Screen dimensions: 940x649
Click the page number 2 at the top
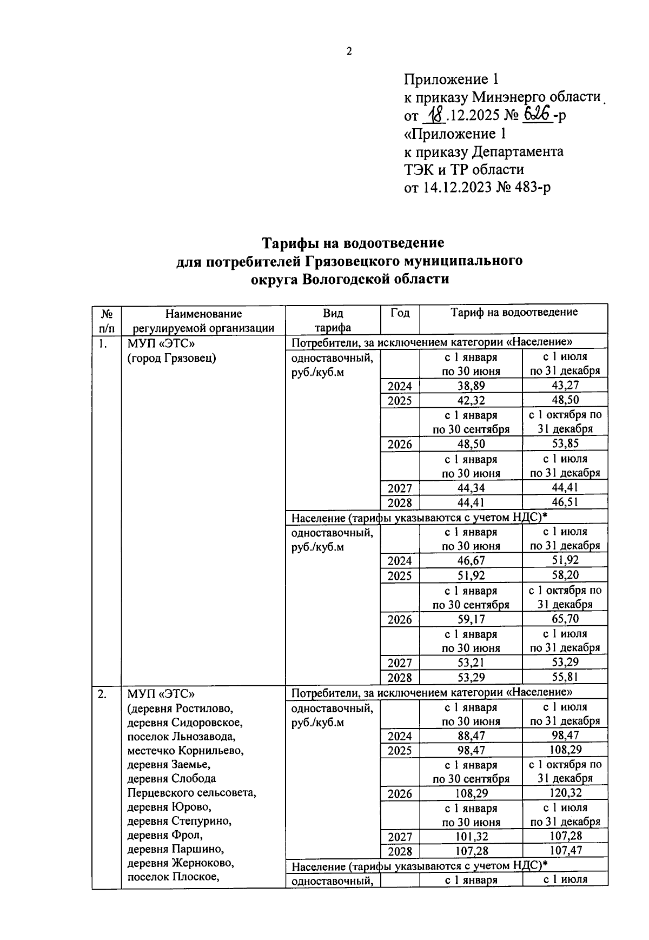click(x=349, y=52)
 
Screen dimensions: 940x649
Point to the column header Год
click(x=400, y=313)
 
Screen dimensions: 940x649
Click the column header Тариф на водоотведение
click(x=513, y=312)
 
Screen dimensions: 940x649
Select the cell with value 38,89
click(x=471, y=386)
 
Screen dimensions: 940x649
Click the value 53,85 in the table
click(x=565, y=444)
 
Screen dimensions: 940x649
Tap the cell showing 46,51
click(x=565, y=502)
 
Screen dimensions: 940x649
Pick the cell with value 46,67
click(x=471, y=561)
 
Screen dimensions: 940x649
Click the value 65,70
click(x=565, y=619)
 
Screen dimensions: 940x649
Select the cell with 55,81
click(x=565, y=677)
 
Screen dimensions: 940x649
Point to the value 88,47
click(x=471, y=736)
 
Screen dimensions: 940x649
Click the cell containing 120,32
click(x=565, y=793)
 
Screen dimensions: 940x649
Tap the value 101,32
click(x=471, y=837)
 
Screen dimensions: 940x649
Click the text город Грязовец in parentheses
click(x=171, y=358)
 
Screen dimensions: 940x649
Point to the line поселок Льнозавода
click(x=181, y=737)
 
